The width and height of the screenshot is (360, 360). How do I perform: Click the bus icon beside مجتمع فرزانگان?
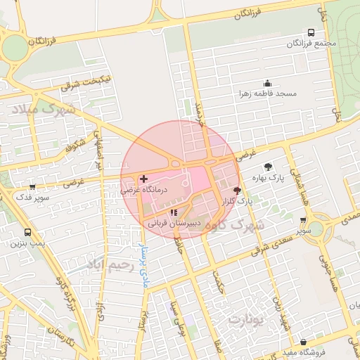coord(311,32)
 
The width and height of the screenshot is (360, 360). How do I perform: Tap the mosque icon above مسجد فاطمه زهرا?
coord(267,82)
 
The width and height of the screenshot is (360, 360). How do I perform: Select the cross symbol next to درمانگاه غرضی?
coord(144,179)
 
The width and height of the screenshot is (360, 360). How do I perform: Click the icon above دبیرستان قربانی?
coord(174,212)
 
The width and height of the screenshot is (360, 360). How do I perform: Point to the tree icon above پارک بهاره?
coord(268,167)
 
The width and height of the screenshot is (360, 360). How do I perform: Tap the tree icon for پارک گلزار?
coord(236,191)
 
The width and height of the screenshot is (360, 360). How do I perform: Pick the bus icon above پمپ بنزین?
coord(27,232)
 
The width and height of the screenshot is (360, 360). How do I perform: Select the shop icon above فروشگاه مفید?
coord(303,341)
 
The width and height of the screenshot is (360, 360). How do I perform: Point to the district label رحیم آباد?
coord(110,265)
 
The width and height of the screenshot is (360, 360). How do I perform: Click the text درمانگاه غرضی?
coord(143,190)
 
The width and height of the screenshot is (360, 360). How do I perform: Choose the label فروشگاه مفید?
coord(304,352)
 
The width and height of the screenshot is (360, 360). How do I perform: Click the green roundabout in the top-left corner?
coord(14,48)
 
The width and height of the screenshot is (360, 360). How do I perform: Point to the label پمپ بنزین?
coord(27,243)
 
